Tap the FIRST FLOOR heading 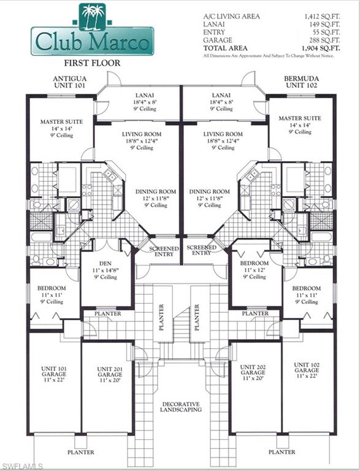93,63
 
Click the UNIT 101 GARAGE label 54,372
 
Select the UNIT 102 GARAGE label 306,370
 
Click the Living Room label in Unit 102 223,140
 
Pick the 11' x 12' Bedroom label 253,270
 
